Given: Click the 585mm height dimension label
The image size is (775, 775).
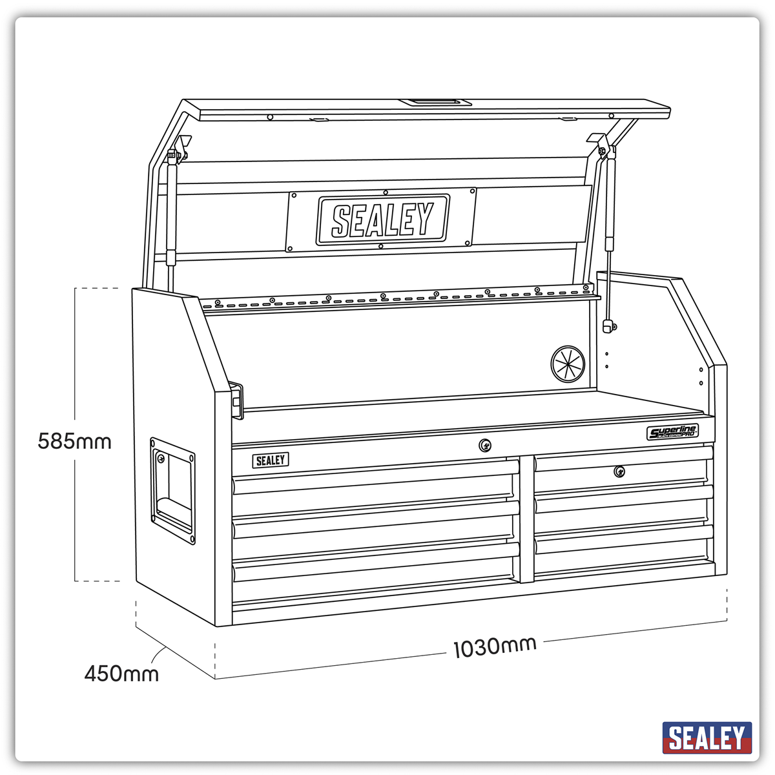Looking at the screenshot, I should [x=74, y=442].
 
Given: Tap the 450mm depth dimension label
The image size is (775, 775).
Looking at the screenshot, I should [x=121, y=674].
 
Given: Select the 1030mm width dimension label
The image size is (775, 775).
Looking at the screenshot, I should [x=495, y=646].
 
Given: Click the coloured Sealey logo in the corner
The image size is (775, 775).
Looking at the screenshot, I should [x=707, y=738].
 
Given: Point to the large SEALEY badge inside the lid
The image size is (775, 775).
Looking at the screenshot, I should [x=382, y=220].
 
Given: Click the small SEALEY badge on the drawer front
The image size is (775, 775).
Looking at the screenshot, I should [x=270, y=460].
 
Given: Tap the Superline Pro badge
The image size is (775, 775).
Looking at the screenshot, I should [x=672, y=432].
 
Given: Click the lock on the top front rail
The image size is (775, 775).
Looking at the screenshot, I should [x=485, y=444].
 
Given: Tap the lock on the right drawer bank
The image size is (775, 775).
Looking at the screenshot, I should [x=619, y=471].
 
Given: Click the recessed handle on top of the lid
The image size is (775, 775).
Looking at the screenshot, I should [x=434, y=102].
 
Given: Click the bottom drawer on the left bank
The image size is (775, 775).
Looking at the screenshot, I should [x=375, y=572].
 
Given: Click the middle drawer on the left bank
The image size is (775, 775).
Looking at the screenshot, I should [x=375, y=526].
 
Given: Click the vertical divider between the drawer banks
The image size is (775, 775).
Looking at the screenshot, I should [x=524, y=517].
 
